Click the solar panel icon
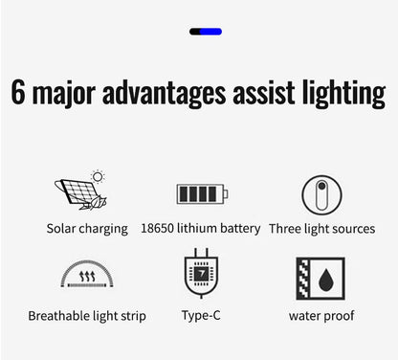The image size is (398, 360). (79, 194)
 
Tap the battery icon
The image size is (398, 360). (202, 194)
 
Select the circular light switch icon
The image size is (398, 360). (322, 194)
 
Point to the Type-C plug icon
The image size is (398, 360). (202, 275)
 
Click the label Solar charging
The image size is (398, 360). (87, 229)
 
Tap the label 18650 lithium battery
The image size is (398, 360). (200, 229)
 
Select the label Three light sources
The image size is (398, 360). (321, 229)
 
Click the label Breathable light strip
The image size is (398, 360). (87, 316)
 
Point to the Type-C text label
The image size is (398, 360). (201, 316)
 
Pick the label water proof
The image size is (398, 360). (321, 316)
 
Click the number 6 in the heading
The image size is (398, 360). (19, 93)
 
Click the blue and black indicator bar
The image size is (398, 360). (206, 32)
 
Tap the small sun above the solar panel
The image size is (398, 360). (98, 177)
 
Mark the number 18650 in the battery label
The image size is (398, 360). (158, 229)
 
